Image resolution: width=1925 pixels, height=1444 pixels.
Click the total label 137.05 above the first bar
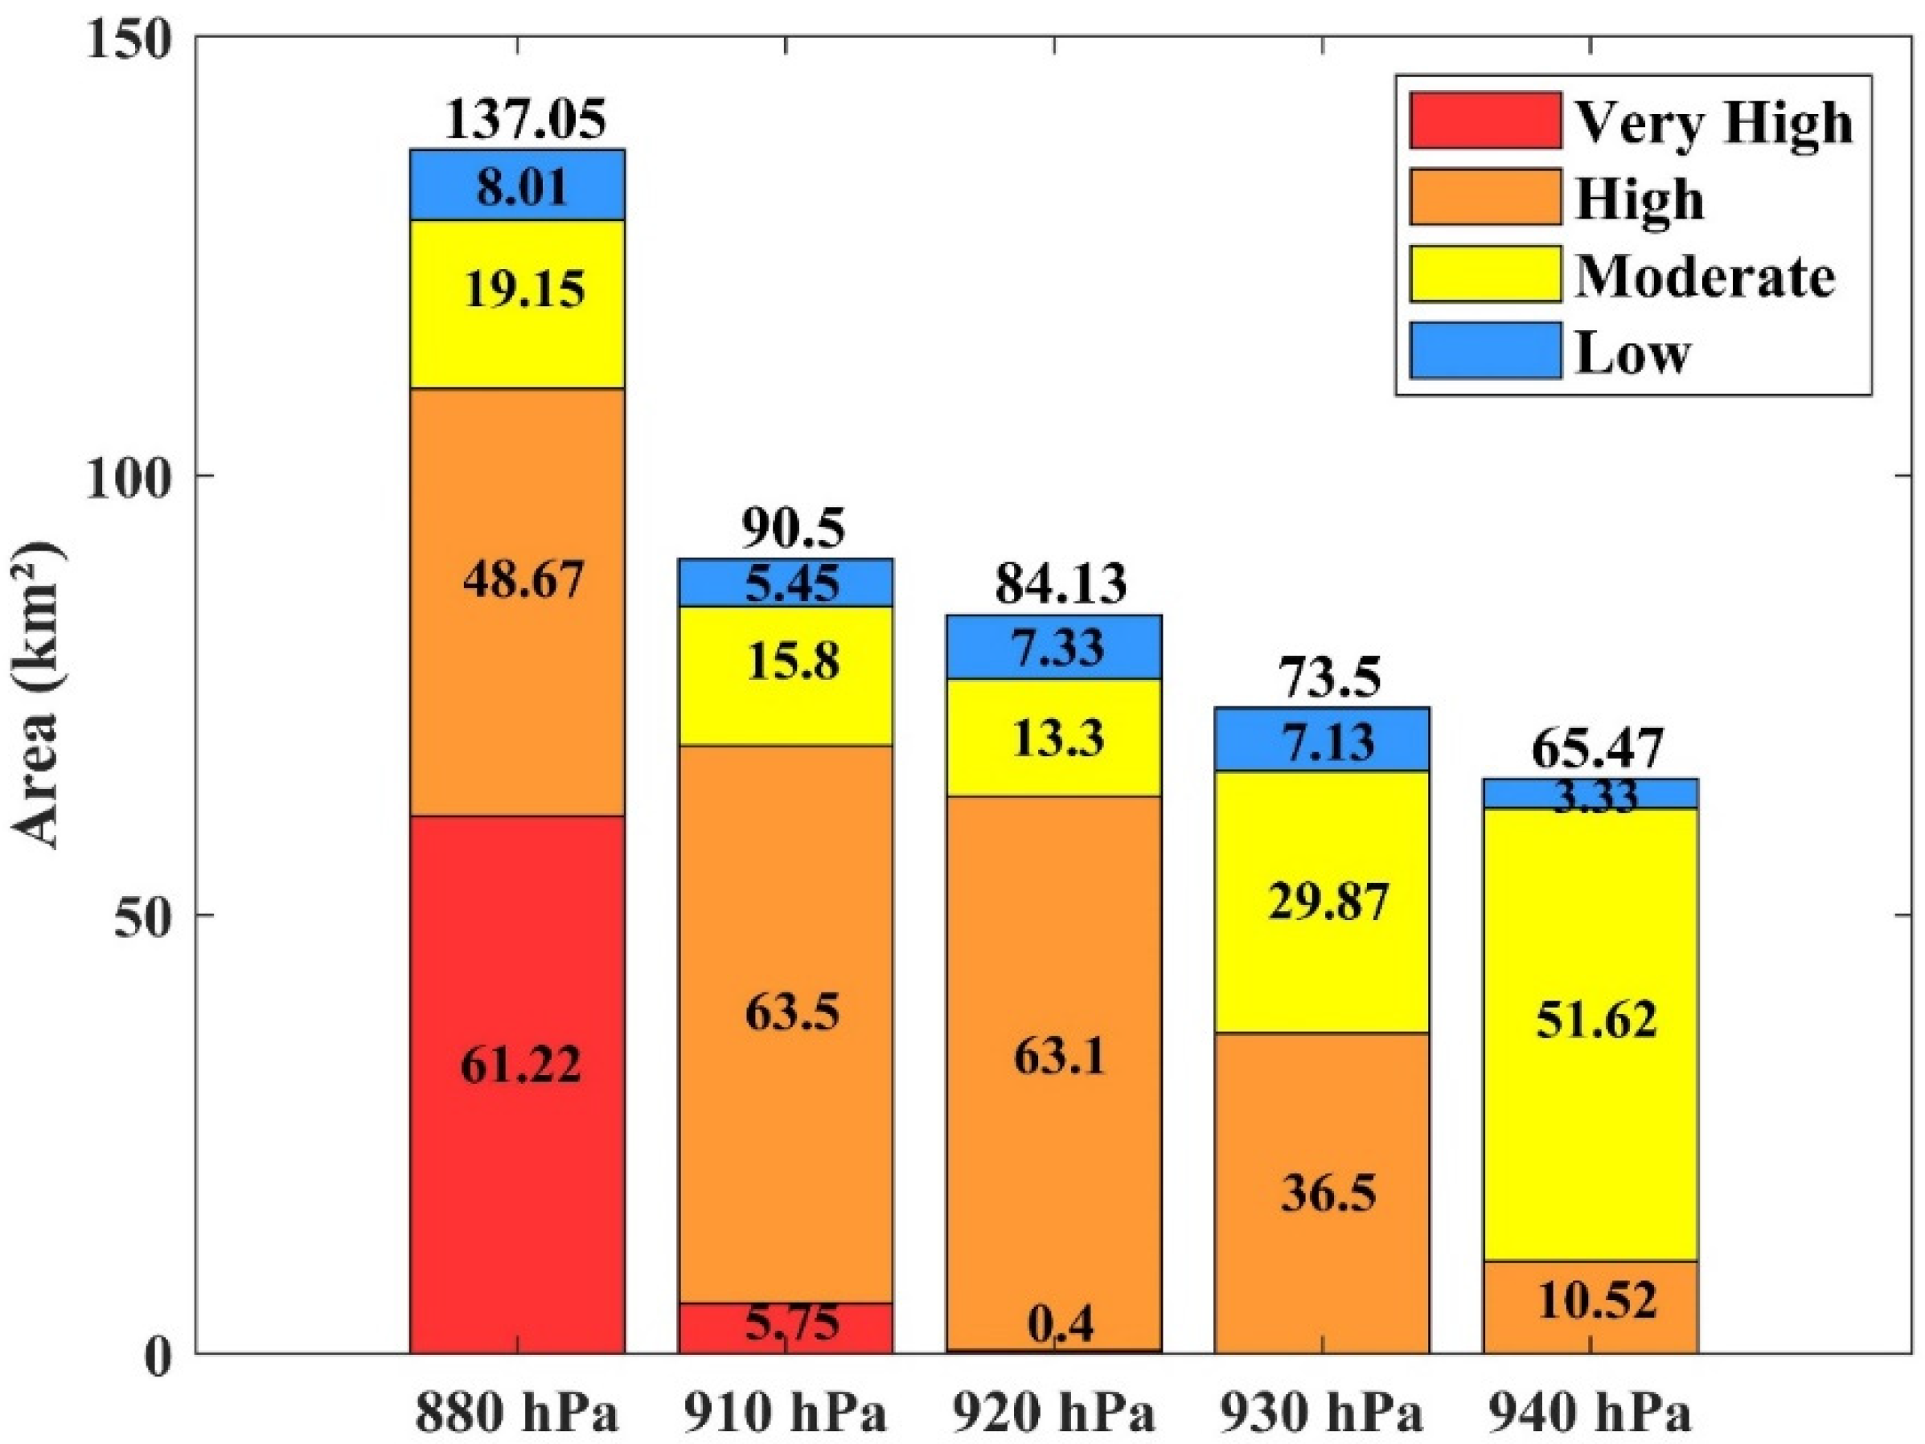pos(525,119)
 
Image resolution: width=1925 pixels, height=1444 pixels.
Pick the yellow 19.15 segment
pos(518,305)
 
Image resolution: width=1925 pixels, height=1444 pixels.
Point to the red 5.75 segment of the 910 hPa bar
pos(786,1327)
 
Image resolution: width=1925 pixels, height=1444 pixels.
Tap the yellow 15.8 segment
pos(786,675)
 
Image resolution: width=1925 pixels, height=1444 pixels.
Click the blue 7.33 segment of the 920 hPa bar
pos(1054,646)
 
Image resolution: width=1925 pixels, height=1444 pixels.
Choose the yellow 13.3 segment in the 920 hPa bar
pos(1054,737)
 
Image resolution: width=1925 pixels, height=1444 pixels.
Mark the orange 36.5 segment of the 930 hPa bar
pos(1322,1192)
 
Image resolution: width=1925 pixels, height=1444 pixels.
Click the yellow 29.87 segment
pos(1322,902)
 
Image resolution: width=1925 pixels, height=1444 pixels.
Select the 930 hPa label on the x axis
pos(1320,1413)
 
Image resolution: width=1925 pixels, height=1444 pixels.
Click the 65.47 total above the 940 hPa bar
pos(1597,748)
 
